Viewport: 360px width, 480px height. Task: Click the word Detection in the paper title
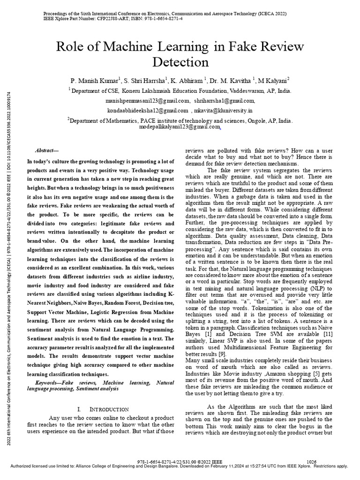point(180,61)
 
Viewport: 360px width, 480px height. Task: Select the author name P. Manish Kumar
point(95,80)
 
